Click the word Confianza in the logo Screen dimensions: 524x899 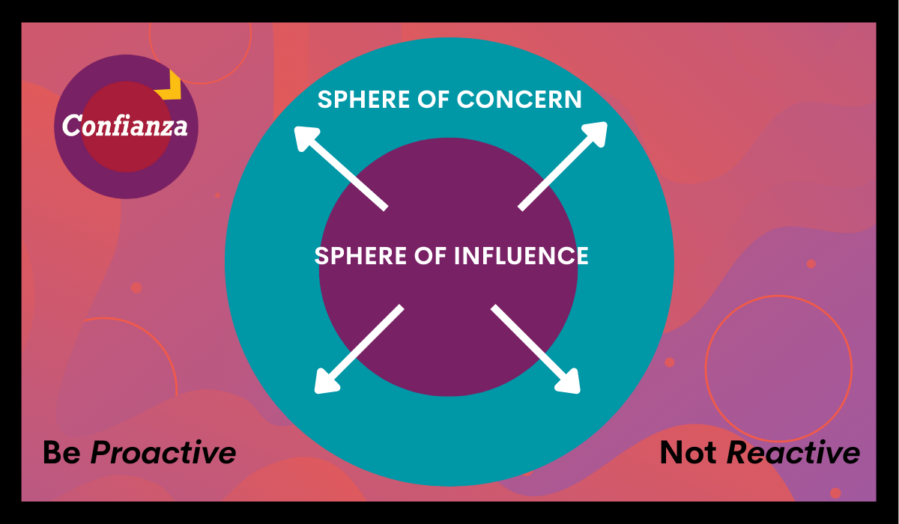click(125, 126)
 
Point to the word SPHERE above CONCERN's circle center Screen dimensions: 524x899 click(365, 100)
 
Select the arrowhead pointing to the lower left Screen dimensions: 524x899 click(324, 382)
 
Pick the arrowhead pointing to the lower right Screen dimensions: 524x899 click(569, 382)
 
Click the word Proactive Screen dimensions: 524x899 click(163, 453)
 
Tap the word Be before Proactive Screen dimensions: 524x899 click(61, 453)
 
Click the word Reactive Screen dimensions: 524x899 click(794, 453)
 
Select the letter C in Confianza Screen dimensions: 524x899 click(71, 126)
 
